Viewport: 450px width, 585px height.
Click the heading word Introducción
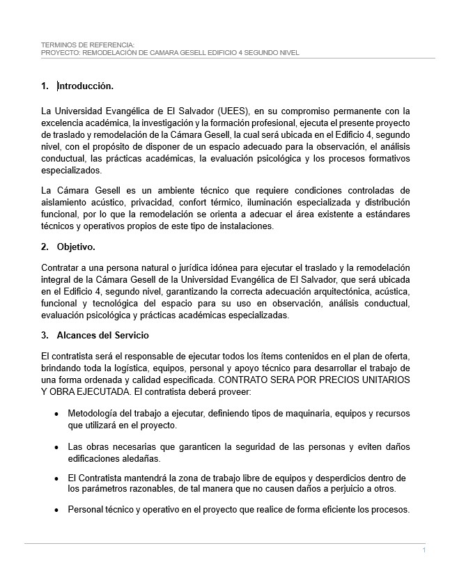(86, 86)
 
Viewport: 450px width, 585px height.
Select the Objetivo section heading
(76, 247)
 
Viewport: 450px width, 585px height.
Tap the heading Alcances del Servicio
(102, 335)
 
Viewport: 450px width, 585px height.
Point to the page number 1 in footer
(424, 551)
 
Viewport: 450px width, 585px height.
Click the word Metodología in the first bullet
(95, 414)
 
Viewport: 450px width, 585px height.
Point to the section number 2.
(45, 247)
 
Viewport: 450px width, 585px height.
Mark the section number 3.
(45, 335)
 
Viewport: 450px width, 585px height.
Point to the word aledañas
(140, 459)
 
